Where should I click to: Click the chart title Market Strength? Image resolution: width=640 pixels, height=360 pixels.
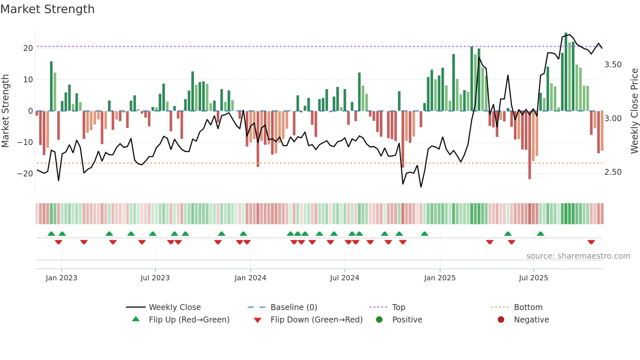47,9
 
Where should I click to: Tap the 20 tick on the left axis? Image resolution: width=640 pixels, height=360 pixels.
28,48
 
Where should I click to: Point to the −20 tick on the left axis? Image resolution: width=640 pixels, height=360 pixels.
25,174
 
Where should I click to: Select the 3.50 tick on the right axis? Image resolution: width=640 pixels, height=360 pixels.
613,65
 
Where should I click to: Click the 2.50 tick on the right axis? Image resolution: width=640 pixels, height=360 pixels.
613,172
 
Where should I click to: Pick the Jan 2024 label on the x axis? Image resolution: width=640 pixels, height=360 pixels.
250,278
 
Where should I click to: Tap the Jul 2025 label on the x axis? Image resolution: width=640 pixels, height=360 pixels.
533,278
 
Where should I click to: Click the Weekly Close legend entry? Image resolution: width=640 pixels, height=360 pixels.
175,307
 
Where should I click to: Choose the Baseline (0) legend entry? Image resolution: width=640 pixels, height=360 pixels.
294,307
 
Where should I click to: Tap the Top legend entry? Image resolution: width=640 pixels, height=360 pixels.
398,307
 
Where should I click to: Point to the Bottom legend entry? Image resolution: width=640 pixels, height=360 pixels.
528,307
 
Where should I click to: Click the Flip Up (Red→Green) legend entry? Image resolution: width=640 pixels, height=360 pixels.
189,320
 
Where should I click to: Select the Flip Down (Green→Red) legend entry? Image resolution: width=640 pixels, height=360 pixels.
316,320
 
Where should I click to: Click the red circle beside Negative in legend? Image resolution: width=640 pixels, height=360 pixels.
501,320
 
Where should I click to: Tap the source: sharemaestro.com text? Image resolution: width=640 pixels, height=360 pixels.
578,256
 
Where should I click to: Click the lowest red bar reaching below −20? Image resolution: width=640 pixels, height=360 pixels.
529,147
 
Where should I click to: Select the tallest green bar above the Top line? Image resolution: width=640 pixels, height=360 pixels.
566,72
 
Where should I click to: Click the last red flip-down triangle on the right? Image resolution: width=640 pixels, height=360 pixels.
591,242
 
